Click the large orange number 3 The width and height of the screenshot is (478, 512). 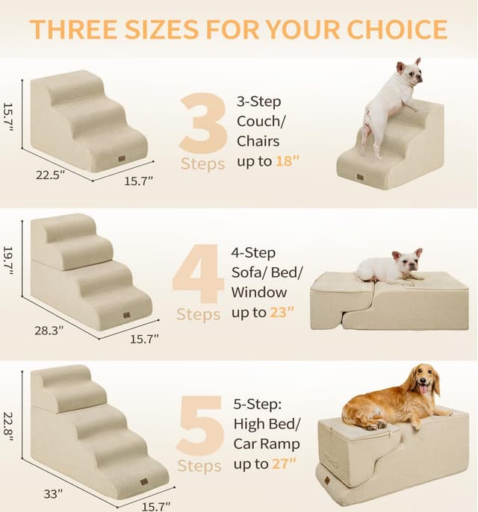(203, 122)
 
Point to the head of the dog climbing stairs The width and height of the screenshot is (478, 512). (409, 73)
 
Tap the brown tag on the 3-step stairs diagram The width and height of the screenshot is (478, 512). (121, 158)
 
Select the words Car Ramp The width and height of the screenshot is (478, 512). (268, 444)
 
